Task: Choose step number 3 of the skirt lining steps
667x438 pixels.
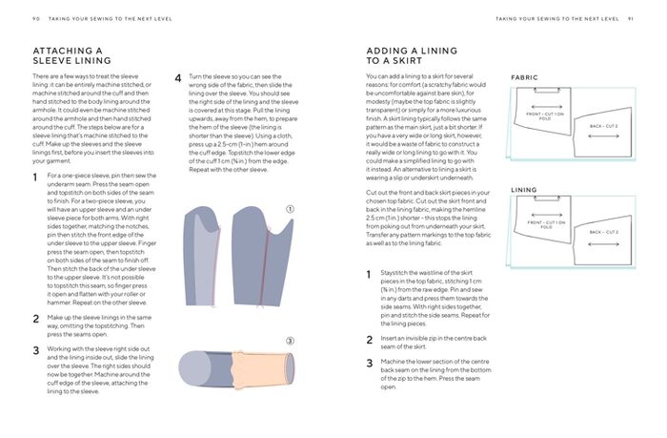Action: [x=370, y=364]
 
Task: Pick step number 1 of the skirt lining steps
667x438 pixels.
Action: [x=370, y=275]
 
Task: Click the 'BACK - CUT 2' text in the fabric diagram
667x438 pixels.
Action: [x=603, y=125]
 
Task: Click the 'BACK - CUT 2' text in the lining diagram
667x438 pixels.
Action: [x=603, y=232]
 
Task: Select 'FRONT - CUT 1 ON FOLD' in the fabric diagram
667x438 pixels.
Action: [x=546, y=116]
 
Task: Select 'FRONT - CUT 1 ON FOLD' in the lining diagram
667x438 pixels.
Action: [x=546, y=225]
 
